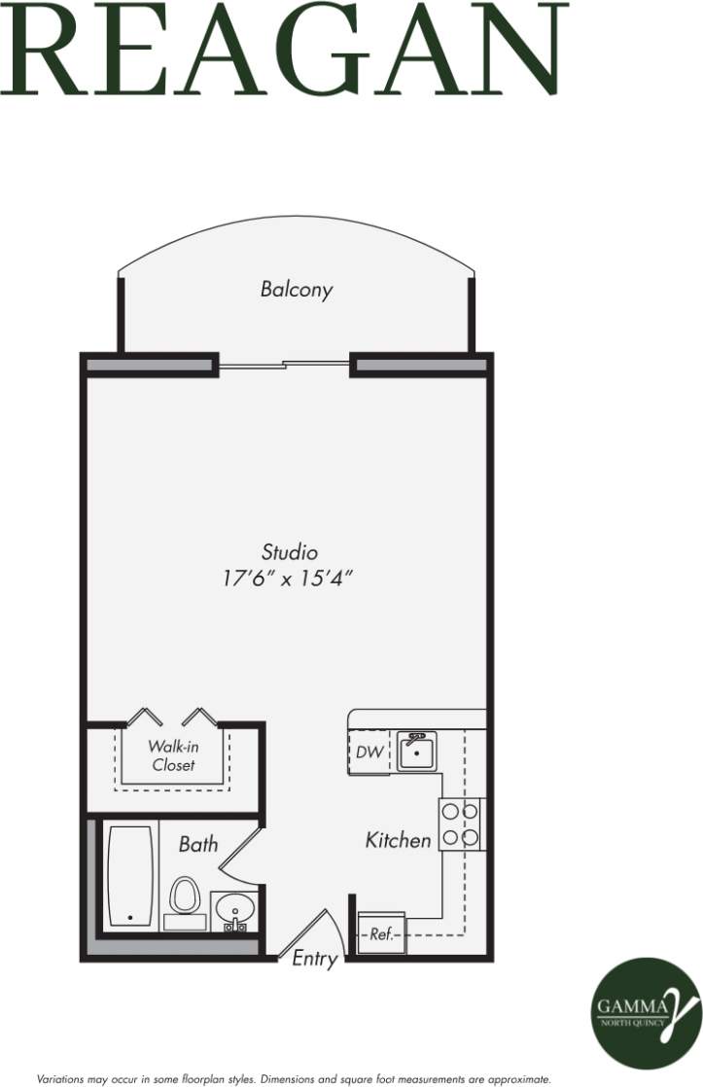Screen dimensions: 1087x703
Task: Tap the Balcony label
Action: [297, 289]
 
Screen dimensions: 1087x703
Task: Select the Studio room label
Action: [290, 552]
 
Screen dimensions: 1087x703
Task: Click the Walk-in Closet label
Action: [172, 755]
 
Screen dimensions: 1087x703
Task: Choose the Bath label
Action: [198, 844]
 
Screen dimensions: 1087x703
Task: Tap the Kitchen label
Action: [398, 840]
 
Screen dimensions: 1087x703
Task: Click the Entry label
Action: [315, 959]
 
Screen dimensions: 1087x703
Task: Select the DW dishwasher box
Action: [369, 753]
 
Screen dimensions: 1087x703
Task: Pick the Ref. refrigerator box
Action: [381, 934]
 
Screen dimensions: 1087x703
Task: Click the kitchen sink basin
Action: [417, 752]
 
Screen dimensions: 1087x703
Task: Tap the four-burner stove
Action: [461, 824]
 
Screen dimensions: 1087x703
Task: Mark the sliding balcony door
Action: [283, 366]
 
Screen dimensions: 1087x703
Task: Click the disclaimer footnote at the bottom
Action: [294, 1078]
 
